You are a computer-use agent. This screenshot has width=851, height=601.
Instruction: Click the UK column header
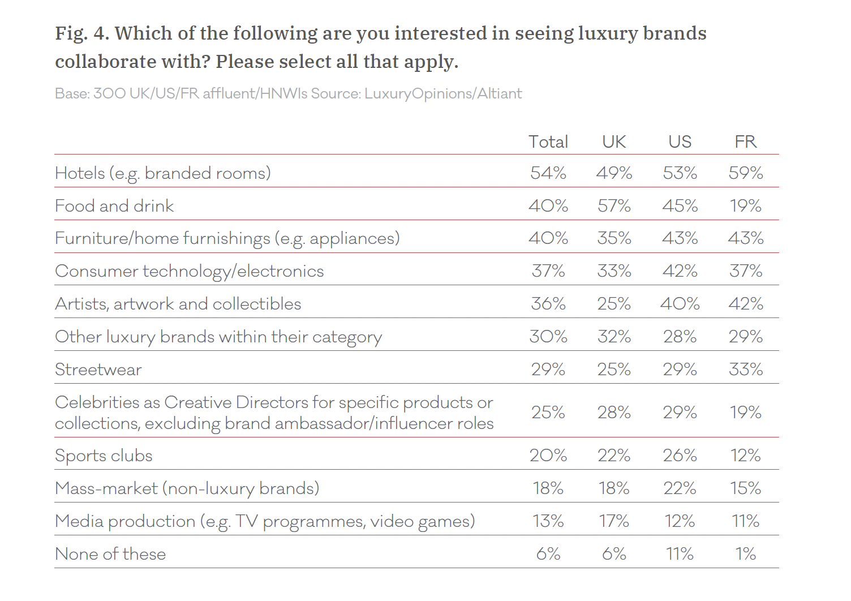pyautogui.click(x=614, y=141)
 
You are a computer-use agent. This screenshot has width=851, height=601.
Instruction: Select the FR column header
pyautogui.click(x=745, y=141)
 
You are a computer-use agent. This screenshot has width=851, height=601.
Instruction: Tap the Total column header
pyautogui.click(x=548, y=141)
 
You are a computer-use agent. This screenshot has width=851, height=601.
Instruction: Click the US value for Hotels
pyautogui.click(x=680, y=173)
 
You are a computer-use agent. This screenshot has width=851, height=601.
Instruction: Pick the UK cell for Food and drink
pyautogui.click(x=614, y=205)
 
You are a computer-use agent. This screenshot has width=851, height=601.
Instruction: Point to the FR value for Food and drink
pyautogui.click(x=745, y=205)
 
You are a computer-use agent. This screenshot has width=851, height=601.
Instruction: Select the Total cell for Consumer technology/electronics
pyautogui.click(x=548, y=271)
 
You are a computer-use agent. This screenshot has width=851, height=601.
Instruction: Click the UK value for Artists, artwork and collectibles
pyautogui.click(x=614, y=303)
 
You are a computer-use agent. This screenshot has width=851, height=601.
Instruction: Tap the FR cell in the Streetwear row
pyautogui.click(x=745, y=370)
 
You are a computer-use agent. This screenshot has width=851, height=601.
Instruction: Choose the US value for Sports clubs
pyautogui.click(x=680, y=455)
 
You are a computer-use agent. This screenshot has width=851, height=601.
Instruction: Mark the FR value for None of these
pyautogui.click(x=745, y=553)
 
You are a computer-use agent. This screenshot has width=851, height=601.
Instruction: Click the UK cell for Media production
pyautogui.click(x=614, y=521)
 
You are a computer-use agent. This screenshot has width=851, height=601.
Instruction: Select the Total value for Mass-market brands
pyautogui.click(x=548, y=488)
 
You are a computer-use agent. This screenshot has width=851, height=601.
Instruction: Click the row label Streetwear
pyautogui.click(x=98, y=370)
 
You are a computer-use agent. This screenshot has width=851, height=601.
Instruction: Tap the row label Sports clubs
pyautogui.click(x=104, y=455)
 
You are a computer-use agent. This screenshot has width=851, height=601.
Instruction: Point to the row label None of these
pyautogui.click(x=110, y=553)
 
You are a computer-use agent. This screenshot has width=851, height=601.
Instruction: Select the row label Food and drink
pyautogui.click(x=114, y=205)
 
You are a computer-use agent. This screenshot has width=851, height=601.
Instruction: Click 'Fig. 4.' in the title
pyautogui.click(x=83, y=33)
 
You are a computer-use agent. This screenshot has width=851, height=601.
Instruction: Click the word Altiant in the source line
pyautogui.click(x=500, y=93)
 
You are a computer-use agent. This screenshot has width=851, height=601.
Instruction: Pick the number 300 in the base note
pyautogui.click(x=109, y=93)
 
